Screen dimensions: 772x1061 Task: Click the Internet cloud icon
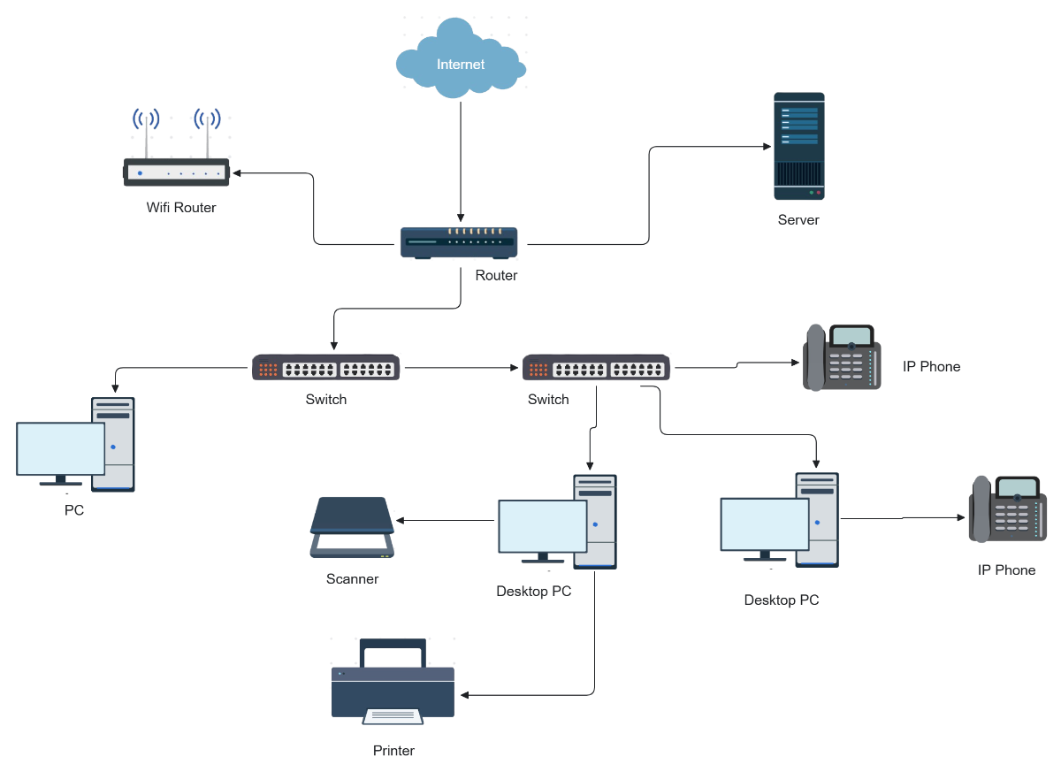[461, 60]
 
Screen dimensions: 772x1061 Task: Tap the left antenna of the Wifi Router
[146, 137]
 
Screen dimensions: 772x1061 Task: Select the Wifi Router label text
[181, 208]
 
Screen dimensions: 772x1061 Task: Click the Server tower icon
[799, 146]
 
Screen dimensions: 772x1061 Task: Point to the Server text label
[798, 219]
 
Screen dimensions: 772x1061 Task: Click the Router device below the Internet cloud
[459, 242]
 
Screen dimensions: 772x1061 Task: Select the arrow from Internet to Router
[460, 159]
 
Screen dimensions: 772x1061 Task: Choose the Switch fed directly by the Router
[326, 368]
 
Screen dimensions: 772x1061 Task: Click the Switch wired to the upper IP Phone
[596, 368]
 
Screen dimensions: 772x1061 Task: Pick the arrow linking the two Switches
[460, 366]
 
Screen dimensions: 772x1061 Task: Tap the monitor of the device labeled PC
[61, 449]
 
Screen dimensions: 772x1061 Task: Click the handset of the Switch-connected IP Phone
[815, 357]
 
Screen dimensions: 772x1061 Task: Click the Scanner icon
[352, 528]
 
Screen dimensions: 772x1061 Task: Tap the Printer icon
[393, 682]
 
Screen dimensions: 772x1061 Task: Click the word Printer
[393, 751]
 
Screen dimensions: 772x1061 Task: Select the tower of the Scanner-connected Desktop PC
[595, 522]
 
